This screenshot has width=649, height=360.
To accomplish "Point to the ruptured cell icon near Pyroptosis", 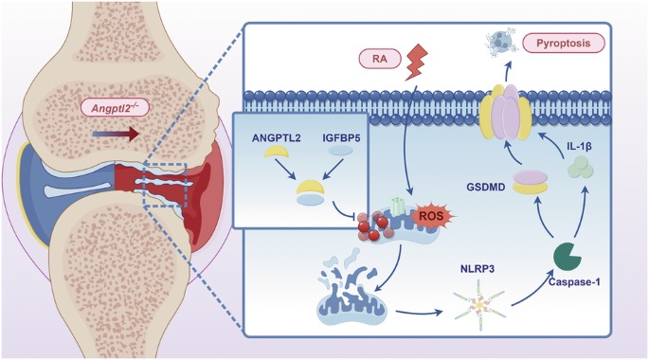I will click(498, 41).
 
